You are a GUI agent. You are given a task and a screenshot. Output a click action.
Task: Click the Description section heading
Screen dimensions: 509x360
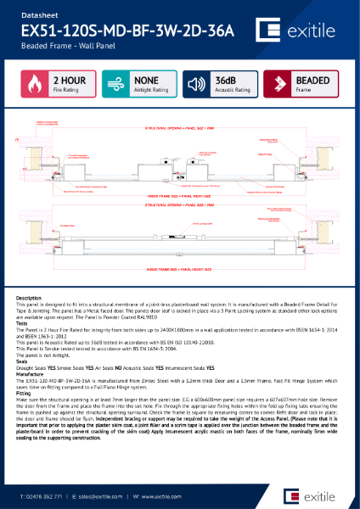click(29, 299)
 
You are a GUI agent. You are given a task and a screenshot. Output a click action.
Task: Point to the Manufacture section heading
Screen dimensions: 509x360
click(31, 376)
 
